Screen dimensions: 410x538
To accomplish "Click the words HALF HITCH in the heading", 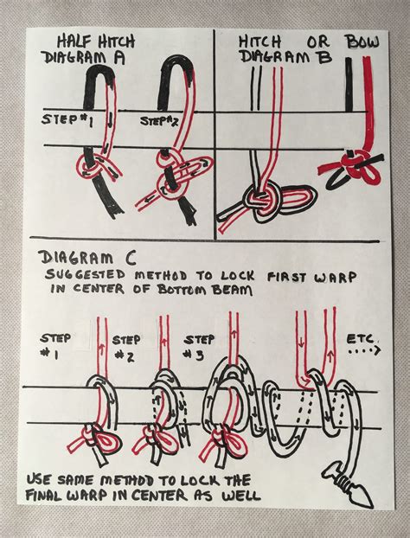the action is click(96, 42).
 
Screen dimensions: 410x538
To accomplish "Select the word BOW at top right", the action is click(362, 42).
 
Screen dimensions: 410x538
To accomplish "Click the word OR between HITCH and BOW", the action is click(318, 42).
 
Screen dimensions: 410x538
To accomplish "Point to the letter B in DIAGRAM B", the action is click(324, 57).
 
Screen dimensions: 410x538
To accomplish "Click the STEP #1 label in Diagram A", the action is click(67, 120).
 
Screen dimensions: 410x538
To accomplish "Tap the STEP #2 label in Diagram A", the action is click(159, 122).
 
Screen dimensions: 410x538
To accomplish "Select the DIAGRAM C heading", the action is click(87, 258).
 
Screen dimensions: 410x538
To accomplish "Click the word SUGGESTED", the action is click(86, 274).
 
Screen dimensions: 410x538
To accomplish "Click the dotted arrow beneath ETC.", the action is click(364, 351).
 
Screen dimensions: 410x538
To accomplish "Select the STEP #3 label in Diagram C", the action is click(199, 348).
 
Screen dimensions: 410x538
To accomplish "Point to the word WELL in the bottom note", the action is click(241, 495).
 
